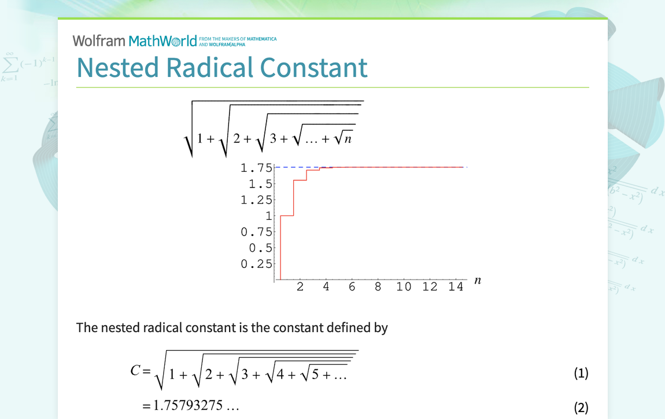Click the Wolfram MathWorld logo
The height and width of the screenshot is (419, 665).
[x=135, y=41]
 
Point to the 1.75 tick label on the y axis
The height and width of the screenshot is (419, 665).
[x=256, y=168]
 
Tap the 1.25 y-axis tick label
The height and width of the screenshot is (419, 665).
[x=256, y=200]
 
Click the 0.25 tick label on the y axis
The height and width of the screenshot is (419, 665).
[x=256, y=264]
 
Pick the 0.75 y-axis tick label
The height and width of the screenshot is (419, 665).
[x=256, y=232]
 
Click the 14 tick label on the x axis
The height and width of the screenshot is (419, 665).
[x=456, y=287]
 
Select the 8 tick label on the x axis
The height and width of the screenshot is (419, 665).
[x=378, y=287]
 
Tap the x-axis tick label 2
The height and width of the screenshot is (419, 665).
[x=300, y=287]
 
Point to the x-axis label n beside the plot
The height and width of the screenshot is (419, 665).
[x=478, y=281]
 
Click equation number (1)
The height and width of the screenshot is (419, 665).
[x=581, y=373]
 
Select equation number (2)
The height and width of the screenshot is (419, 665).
[x=581, y=407]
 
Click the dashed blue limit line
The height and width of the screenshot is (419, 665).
[x=405, y=167]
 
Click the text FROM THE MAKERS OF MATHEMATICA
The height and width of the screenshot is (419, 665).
[x=238, y=39]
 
